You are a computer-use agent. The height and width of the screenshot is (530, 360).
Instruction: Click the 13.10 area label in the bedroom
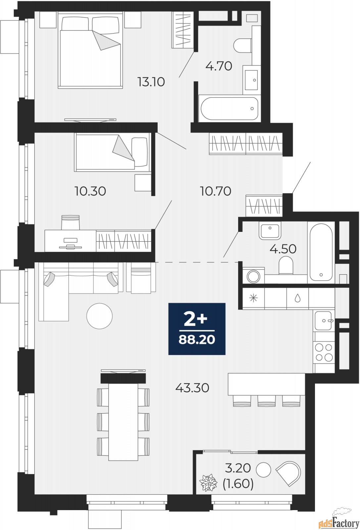coord(151,82)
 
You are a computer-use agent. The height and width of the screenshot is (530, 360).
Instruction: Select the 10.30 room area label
coord(90,191)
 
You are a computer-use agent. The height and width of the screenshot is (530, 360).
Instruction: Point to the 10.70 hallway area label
coord(216,191)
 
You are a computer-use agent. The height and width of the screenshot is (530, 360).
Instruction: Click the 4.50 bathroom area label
coord(283,249)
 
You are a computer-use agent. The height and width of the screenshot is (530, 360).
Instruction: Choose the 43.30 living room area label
coord(192,388)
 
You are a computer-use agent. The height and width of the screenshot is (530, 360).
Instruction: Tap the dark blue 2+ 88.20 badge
coord(197,329)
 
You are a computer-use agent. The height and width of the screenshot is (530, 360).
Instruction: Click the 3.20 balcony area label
coord(238,468)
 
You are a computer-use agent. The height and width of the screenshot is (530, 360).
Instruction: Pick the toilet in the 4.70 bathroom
coord(242,45)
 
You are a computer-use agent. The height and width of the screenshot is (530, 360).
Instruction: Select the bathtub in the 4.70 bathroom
coord(230,109)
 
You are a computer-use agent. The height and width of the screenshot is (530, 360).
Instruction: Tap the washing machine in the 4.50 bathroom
coord(253,275)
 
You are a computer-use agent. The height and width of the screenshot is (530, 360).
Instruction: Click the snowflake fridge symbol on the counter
coord(253,298)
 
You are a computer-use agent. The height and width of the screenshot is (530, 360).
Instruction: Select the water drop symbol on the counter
coord(297,298)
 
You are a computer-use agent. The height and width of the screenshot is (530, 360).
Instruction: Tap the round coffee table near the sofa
coord(99,316)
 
